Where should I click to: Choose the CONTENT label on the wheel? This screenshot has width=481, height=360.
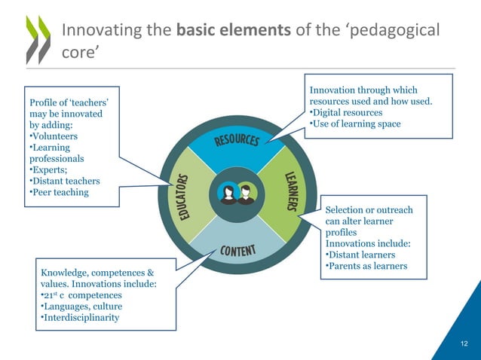(x=238, y=250)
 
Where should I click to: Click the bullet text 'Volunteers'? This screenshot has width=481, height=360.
(x=54, y=136)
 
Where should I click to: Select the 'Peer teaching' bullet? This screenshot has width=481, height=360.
(x=59, y=193)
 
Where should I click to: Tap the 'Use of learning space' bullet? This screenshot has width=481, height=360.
(x=356, y=124)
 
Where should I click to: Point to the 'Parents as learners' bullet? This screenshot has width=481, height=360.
(x=366, y=266)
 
